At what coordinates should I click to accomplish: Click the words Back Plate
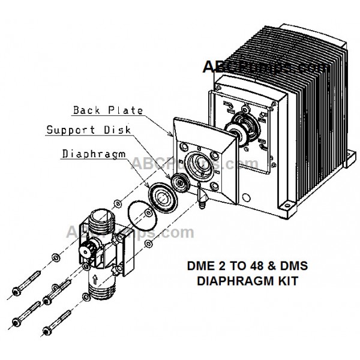pos(108,110)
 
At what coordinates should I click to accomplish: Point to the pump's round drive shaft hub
pos(242,127)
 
